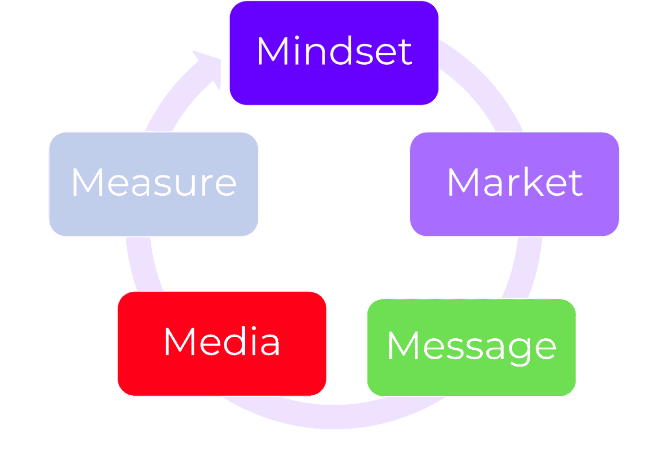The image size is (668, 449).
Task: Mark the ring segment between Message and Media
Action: point(347,416)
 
